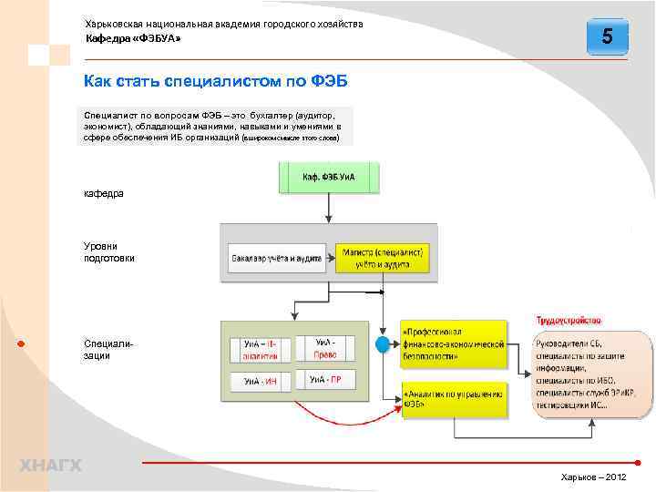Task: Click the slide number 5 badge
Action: [607, 37]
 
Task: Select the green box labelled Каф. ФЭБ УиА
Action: [329, 177]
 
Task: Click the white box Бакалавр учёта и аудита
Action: [276, 259]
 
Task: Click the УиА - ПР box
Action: [325, 379]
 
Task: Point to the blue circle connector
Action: [384, 344]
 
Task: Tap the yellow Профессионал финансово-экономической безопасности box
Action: [453, 343]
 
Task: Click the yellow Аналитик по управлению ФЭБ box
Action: [453, 400]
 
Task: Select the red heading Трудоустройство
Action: [568, 321]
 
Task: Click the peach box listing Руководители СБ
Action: [592, 374]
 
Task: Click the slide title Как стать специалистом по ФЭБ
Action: [215, 82]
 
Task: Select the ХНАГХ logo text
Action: [50, 466]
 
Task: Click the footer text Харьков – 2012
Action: [593, 477]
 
